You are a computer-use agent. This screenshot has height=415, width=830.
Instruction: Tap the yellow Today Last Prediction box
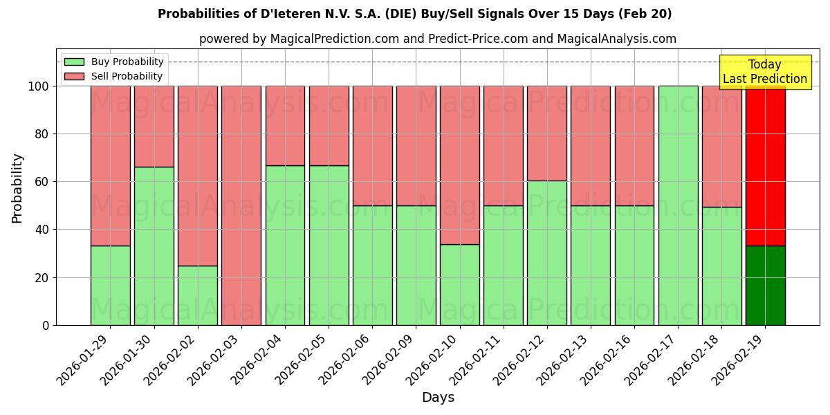point(764,72)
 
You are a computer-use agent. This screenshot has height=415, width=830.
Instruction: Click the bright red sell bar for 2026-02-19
point(765,166)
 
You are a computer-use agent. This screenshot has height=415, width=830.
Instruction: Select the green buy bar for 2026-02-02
point(197,295)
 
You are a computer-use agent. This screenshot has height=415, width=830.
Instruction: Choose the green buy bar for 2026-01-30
point(154,246)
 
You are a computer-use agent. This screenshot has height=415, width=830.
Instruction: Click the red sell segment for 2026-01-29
point(110,166)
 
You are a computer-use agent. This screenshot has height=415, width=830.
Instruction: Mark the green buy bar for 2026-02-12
point(546,252)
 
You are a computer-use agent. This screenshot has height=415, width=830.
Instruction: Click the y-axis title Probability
point(17,187)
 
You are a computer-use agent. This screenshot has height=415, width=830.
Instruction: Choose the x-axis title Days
point(438,398)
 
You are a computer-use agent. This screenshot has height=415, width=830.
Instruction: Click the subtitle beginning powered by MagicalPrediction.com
point(437,39)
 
